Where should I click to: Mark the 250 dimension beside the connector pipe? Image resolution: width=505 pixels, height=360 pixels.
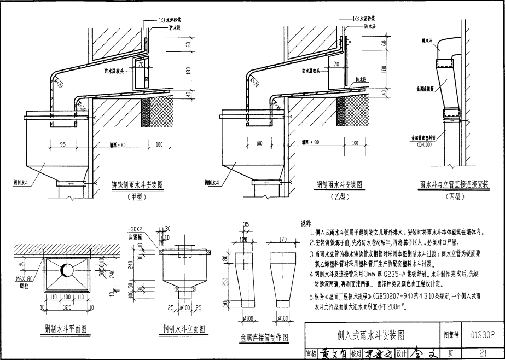(225, 281)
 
